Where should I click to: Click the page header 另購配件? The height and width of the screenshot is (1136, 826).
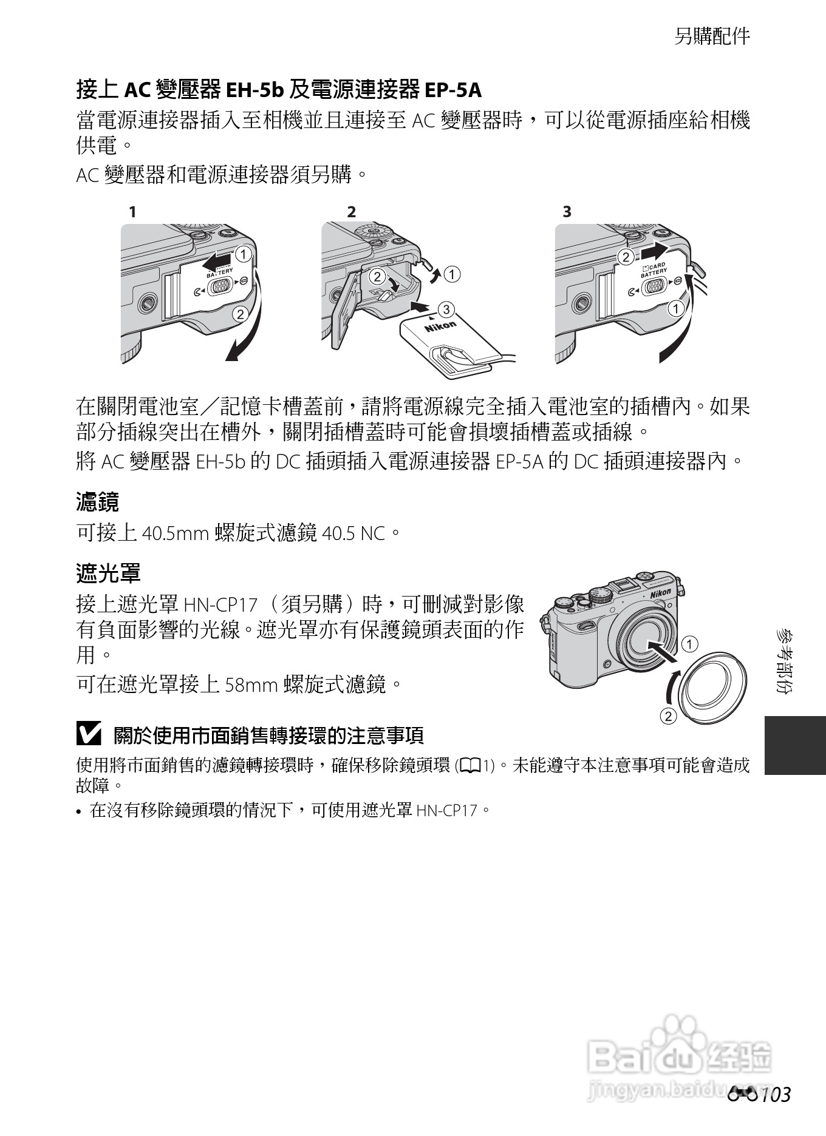click(x=712, y=36)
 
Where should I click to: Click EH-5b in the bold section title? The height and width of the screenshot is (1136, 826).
click(x=254, y=90)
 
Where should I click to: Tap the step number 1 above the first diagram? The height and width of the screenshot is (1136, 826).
click(x=132, y=212)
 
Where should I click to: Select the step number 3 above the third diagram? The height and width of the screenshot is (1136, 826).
click(x=567, y=212)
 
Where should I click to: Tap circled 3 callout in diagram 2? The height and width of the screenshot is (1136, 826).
click(x=446, y=309)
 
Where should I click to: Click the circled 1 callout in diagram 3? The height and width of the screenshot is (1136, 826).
click(x=676, y=309)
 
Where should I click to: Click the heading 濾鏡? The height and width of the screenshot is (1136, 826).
click(x=97, y=502)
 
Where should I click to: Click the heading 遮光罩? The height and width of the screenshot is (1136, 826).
click(x=108, y=572)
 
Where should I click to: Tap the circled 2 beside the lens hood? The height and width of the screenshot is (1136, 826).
click(x=668, y=716)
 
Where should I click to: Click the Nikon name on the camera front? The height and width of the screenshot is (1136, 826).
click(x=661, y=593)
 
